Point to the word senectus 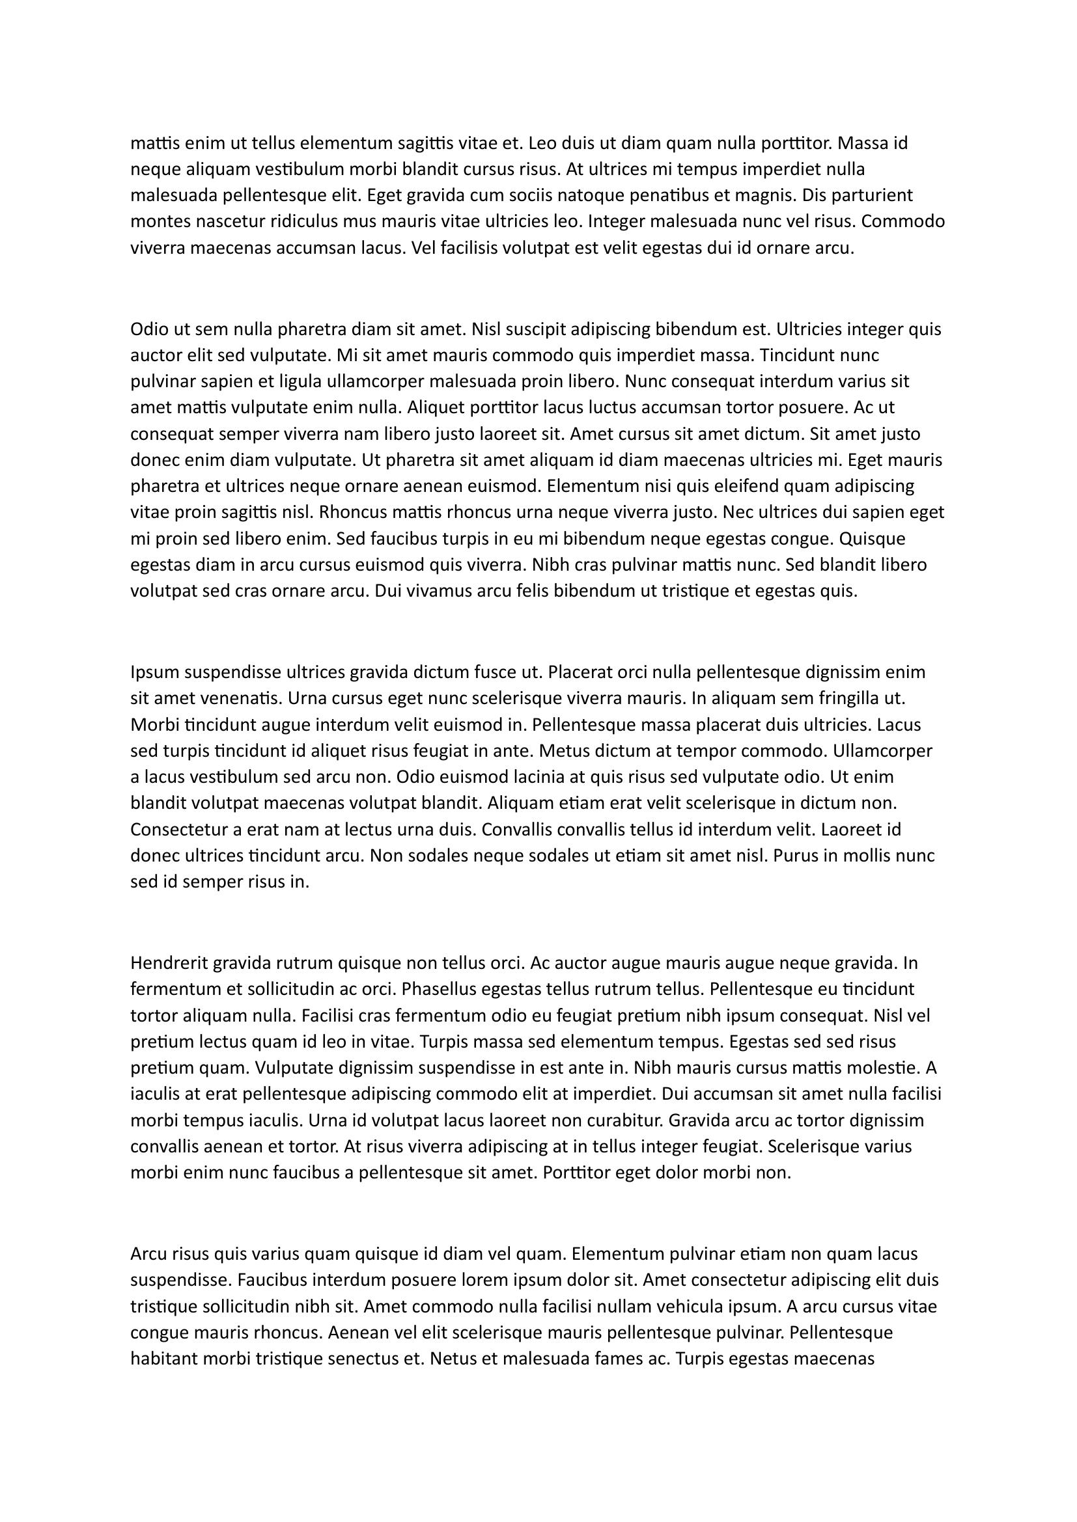[x=356, y=1359]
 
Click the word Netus [x=453, y=1359]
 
